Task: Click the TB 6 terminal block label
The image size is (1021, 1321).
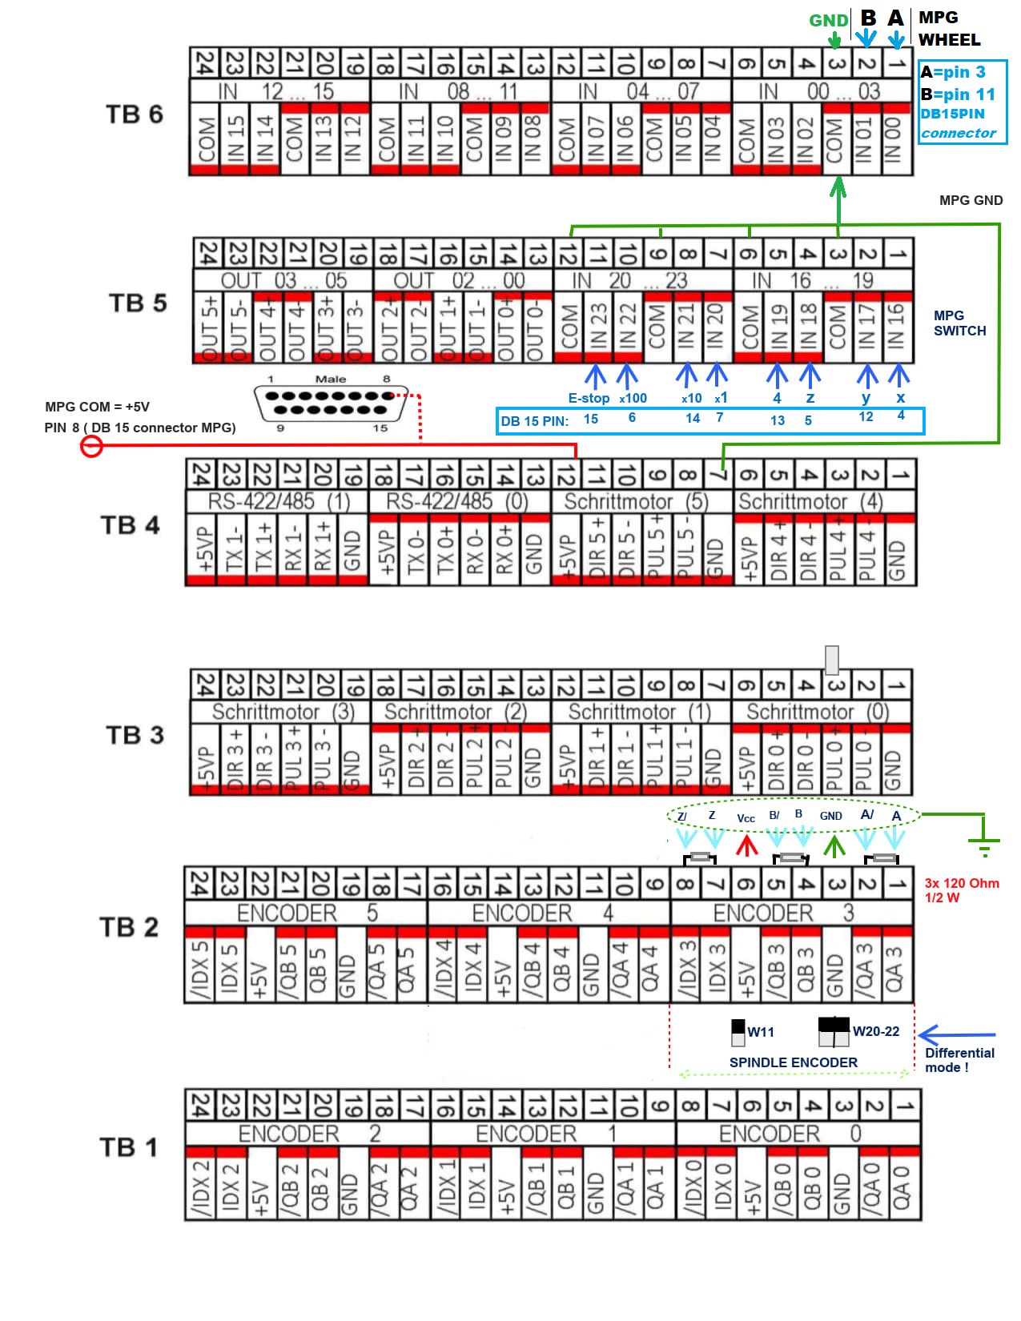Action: coord(134,114)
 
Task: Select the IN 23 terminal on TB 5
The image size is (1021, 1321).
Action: coord(598,326)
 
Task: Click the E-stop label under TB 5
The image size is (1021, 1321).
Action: coord(589,398)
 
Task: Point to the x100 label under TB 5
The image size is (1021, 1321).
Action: coord(633,398)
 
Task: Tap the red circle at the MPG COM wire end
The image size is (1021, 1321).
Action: coord(92,446)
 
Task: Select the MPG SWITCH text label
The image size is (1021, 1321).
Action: coord(959,323)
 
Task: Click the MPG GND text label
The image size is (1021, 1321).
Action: coord(971,200)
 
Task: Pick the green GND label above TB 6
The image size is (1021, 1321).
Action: coord(828,21)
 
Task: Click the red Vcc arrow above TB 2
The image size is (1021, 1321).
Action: coord(746,845)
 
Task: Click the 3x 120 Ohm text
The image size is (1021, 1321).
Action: coord(962,883)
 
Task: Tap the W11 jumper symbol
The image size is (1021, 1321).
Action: coord(738,1032)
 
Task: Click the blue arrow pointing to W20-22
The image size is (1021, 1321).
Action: coord(957,1035)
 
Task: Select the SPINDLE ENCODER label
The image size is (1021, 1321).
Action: coord(793,1062)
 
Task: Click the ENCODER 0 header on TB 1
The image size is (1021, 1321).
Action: coord(790,1134)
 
